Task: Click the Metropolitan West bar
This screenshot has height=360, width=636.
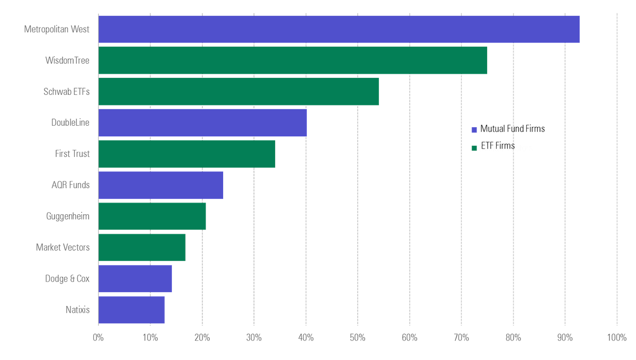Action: tap(339, 29)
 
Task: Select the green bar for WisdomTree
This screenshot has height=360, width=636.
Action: tap(293, 60)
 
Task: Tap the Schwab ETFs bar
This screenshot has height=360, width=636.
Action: tap(238, 91)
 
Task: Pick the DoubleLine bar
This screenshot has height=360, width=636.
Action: tap(202, 122)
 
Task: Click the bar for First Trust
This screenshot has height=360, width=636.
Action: tap(187, 154)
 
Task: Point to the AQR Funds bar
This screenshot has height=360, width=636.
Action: tap(161, 185)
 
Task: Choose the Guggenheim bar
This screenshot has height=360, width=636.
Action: tap(152, 216)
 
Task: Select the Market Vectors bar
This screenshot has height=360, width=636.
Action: tap(142, 248)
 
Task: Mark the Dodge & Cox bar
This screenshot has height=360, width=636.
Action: tap(135, 279)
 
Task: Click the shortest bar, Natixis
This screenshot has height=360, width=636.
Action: tap(131, 310)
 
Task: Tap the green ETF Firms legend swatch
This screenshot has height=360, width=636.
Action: tap(474, 147)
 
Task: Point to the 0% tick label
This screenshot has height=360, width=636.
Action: tap(98, 337)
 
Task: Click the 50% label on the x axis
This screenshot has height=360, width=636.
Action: tap(358, 337)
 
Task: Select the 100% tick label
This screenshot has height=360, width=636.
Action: tap(617, 337)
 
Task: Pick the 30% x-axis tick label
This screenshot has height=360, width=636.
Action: tap(254, 337)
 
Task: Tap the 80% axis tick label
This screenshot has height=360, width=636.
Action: tap(513, 337)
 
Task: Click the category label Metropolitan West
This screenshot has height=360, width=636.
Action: tap(57, 29)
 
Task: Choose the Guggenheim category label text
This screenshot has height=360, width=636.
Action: tap(68, 216)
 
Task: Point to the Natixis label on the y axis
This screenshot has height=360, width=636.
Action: tap(77, 310)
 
